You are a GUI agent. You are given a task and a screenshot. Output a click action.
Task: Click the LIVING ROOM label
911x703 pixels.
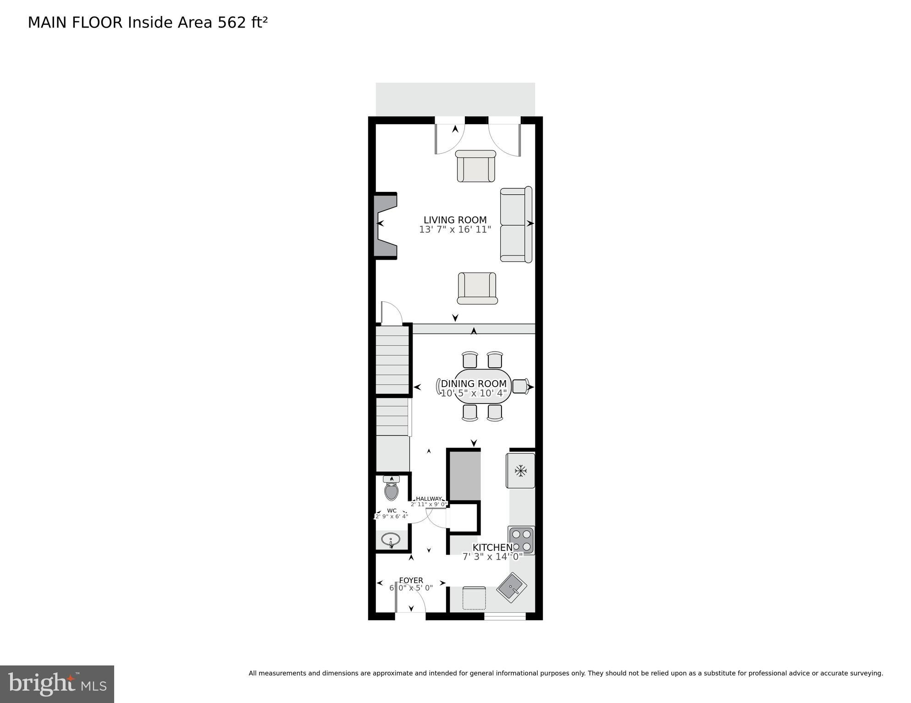(455, 220)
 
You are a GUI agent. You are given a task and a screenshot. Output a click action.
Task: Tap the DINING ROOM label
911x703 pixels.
(474, 384)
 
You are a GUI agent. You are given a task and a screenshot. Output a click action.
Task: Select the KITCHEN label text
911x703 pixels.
(492, 547)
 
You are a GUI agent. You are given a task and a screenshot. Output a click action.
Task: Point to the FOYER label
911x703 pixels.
(411, 580)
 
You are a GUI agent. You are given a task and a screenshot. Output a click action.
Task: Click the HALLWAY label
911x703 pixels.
(429, 499)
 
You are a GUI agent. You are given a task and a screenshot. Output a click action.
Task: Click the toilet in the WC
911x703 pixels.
(391, 490)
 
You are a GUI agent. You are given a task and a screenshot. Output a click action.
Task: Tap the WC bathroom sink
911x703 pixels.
(391, 540)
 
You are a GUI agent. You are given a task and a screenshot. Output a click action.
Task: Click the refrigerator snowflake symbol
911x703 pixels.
(520, 470)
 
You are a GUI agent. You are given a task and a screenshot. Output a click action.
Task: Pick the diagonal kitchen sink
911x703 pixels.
(512, 586)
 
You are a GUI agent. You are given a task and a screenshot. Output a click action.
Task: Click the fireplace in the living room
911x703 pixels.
(385, 226)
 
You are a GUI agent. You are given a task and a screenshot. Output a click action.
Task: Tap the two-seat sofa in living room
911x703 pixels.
(516, 224)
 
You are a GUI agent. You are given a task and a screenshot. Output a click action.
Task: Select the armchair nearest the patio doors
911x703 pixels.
(476, 166)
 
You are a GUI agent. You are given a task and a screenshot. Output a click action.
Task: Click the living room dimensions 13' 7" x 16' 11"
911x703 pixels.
(455, 229)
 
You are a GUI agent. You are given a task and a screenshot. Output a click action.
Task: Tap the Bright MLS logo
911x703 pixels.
(57, 684)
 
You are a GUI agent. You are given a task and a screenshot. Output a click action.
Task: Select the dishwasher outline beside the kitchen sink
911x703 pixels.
(474, 598)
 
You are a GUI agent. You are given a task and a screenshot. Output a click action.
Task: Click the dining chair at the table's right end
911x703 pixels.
(520, 386)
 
